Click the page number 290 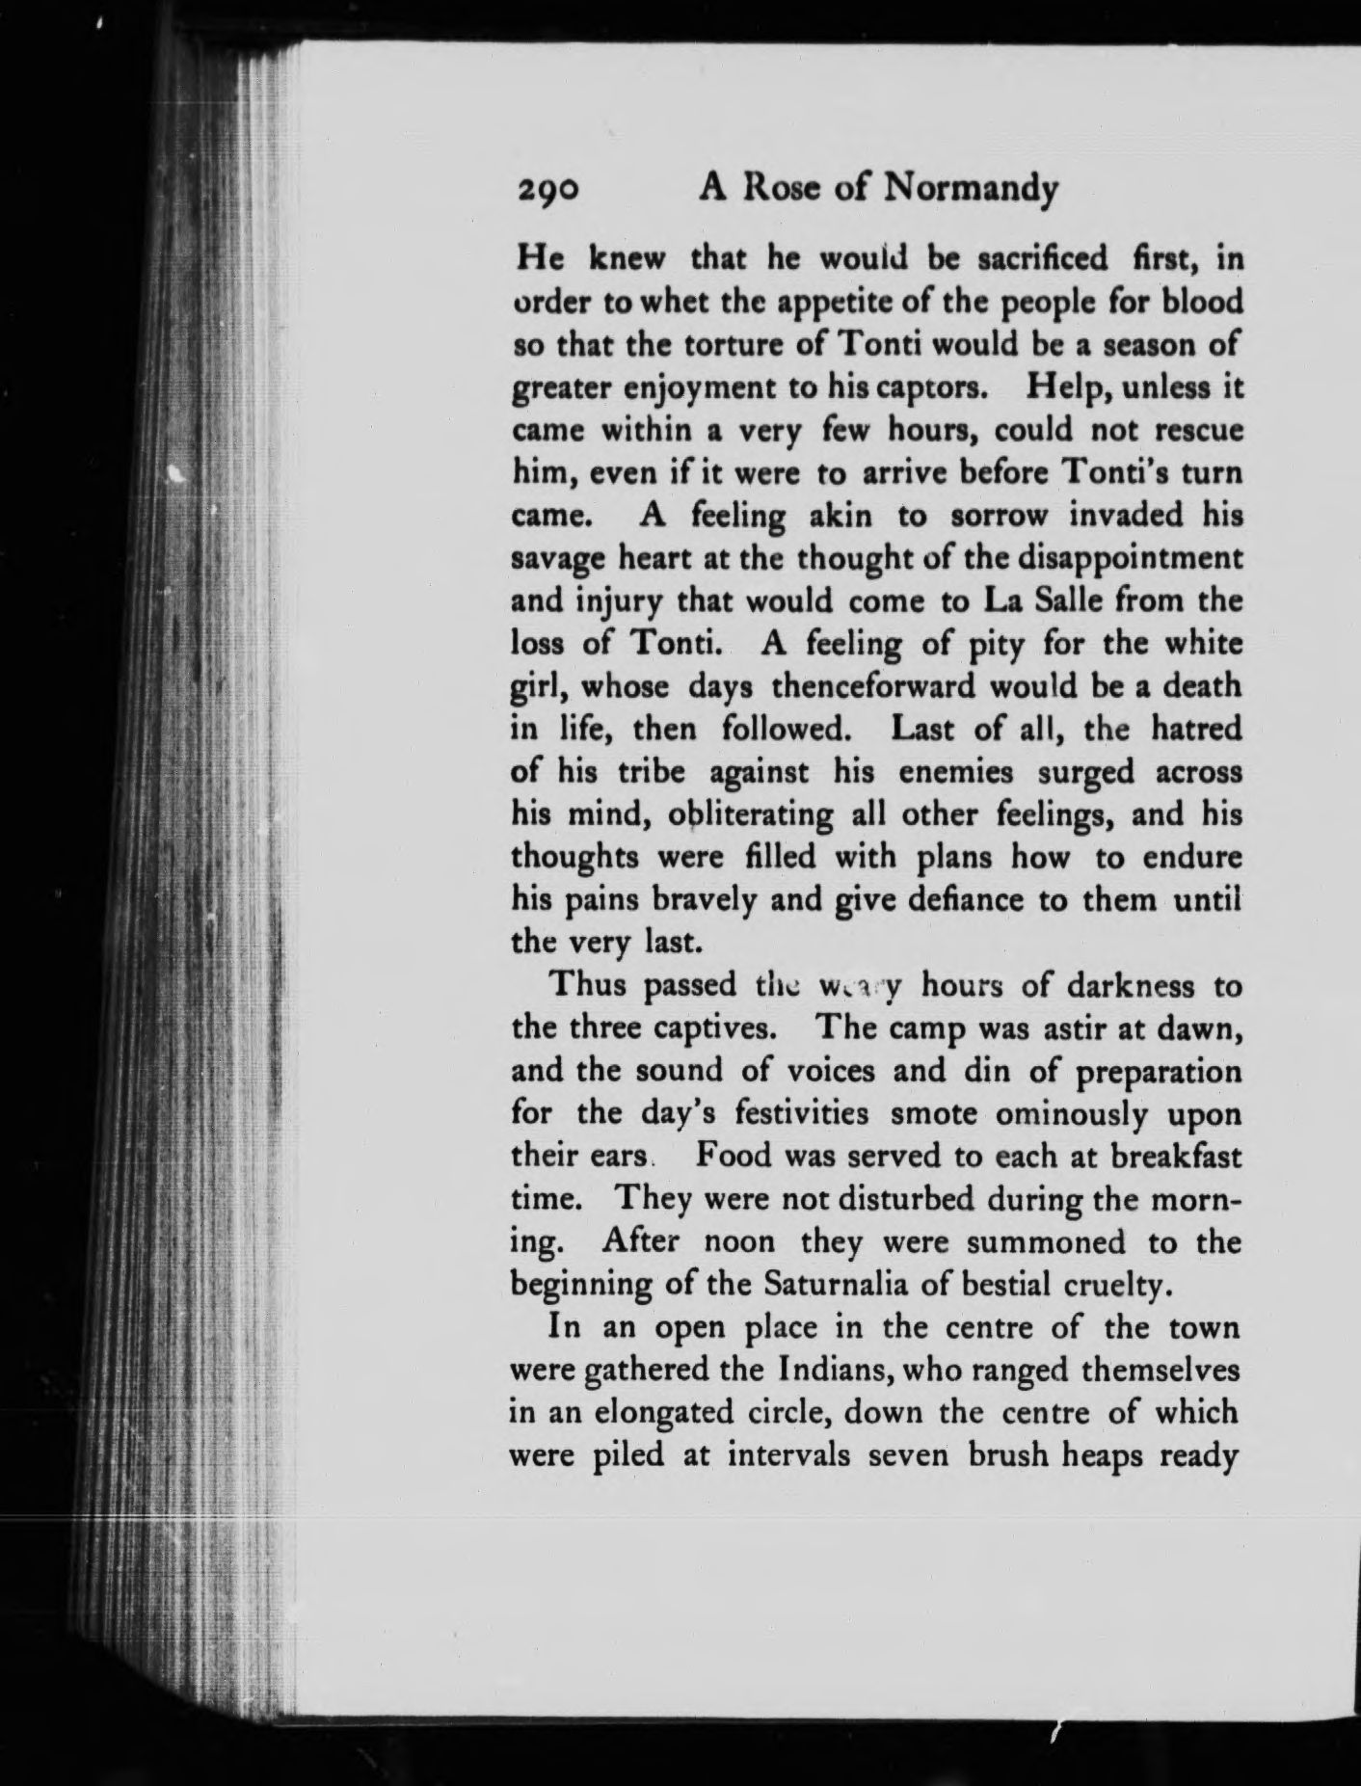coord(547,192)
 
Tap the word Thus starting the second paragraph coord(587,985)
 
